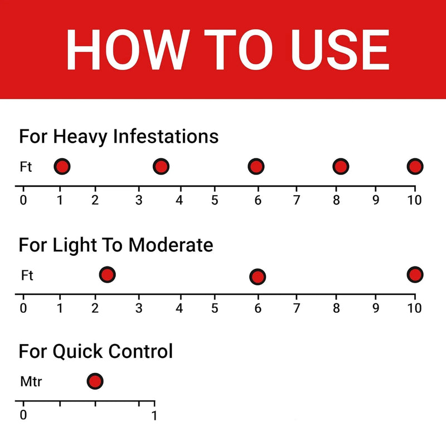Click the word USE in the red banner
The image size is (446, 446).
pos(340,50)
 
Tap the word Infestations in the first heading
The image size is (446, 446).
pos(166,136)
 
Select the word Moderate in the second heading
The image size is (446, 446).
pos(171,245)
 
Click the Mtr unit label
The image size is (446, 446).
pos(31,381)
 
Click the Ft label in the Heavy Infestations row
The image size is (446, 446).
pos(26,167)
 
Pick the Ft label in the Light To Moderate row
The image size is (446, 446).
pos(27,275)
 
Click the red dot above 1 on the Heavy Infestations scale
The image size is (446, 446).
pos(62,166)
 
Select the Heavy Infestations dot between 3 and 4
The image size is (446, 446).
pos(161,166)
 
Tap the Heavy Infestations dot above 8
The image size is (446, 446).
pos(341,166)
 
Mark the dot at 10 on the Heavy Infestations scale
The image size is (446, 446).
pos(415,166)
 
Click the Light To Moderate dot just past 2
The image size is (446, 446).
pos(107,275)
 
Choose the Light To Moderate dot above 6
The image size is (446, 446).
pos(258,277)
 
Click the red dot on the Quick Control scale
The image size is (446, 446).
pos(95,381)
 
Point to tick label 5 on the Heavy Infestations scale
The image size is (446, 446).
pos(215,200)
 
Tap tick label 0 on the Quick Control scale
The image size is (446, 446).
pos(23,415)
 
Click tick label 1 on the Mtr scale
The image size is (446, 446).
pos(154,415)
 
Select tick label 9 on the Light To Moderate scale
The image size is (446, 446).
pos(376,308)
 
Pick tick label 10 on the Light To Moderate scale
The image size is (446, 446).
pos(414,308)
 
